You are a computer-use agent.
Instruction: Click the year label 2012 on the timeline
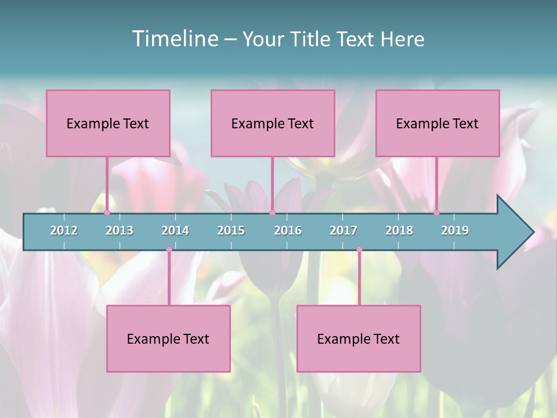(x=64, y=230)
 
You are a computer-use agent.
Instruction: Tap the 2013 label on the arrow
(x=120, y=230)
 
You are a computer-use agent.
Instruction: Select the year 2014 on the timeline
(x=175, y=230)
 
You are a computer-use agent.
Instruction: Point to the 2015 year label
(x=231, y=230)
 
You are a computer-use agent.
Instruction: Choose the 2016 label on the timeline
(x=288, y=230)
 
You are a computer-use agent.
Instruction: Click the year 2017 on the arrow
(x=343, y=230)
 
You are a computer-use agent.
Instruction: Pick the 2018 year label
(x=399, y=230)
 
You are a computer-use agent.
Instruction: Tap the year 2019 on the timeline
(x=455, y=230)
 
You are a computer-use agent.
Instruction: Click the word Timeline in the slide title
(x=174, y=39)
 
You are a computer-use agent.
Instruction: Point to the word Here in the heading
(x=402, y=39)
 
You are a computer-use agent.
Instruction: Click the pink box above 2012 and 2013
(x=108, y=123)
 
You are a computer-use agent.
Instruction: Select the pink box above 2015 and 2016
(x=273, y=123)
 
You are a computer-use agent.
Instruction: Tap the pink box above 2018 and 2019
(x=437, y=123)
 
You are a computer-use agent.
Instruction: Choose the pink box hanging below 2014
(x=168, y=338)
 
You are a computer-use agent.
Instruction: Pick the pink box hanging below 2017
(x=359, y=338)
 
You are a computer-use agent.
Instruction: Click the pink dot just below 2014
(x=169, y=250)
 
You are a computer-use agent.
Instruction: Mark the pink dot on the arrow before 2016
(x=272, y=213)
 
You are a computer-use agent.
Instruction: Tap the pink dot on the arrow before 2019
(x=436, y=213)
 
